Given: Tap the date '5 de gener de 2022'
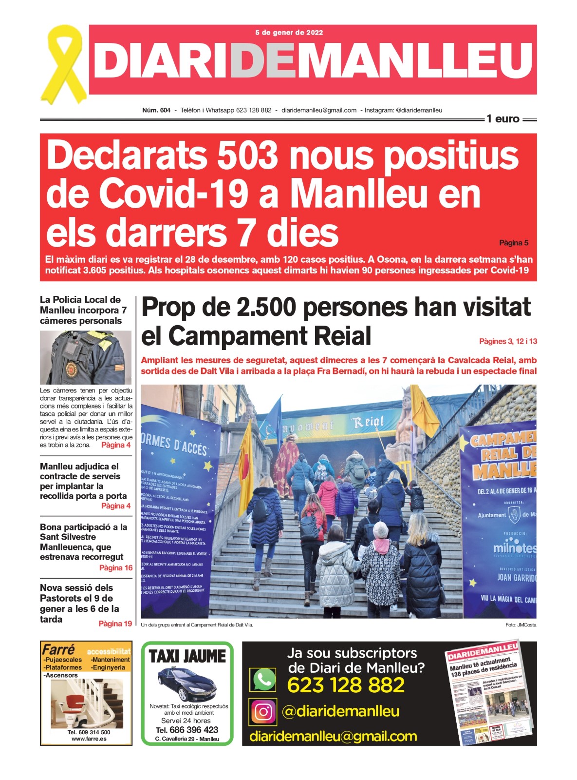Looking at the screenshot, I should click(289, 33).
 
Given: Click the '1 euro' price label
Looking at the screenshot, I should click(503, 119).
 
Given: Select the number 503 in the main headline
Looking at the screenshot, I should click(247, 156).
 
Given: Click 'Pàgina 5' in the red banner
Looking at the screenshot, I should click(514, 243).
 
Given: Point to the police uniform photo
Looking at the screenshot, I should click(86, 358).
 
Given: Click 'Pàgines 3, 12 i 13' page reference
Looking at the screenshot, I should click(508, 341).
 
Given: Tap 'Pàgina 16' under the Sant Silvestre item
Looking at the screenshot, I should click(116, 568).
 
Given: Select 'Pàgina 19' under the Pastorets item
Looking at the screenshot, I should click(115, 624).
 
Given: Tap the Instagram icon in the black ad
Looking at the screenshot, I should click(263, 712).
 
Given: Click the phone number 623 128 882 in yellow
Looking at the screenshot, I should click(346, 685).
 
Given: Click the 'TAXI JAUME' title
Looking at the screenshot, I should click(187, 657).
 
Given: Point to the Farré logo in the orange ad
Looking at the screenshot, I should click(58, 650).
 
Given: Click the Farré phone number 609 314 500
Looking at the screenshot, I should click(89, 732).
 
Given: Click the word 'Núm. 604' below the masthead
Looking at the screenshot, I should click(156, 110).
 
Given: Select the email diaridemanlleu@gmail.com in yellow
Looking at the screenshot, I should click(333, 736).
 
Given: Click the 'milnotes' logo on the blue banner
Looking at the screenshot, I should click(514, 548).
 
